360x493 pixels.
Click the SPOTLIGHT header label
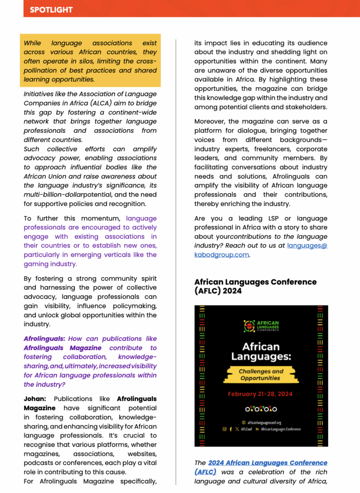click(x=51, y=10)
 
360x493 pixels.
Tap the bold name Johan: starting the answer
click(x=36, y=399)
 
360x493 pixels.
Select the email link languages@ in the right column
click(x=307, y=246)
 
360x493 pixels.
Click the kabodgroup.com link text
click(x=221, y=255)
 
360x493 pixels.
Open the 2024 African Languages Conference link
click(x=268, y=463)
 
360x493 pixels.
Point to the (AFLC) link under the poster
click(x=206, y=472)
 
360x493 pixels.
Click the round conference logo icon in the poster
click(x=249, y=326)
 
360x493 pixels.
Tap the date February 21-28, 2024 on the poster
click(x=260, y=394)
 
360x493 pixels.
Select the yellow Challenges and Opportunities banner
click(x=261, y=375)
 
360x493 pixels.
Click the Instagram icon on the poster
click(x=224, y=429)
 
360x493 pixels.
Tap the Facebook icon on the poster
click(x=231, y=429)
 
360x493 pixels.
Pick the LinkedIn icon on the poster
click(x=257, y=429)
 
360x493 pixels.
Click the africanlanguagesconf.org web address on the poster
click(x=264, y=422)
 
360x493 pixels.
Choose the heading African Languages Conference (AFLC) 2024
click(x=256, y=286)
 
